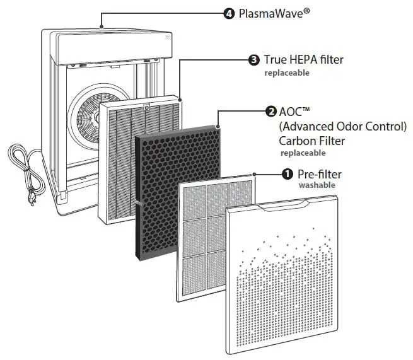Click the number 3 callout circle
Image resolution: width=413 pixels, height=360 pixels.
pos(253,60)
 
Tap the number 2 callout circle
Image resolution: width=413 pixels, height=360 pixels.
pos(271,112)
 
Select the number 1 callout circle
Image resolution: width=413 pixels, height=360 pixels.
pos(287,173)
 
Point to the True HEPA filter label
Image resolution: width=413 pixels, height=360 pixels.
pos(303,60)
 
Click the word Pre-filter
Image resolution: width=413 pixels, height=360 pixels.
pos(321,173)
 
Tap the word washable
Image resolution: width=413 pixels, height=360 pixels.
pos(317,185)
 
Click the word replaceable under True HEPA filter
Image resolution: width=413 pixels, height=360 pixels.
pos(287,73)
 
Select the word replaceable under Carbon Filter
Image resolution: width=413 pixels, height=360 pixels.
pos(303,153)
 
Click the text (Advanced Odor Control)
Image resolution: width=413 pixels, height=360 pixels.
pos(343,126)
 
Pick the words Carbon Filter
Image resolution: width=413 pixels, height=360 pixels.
pos(313,140)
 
